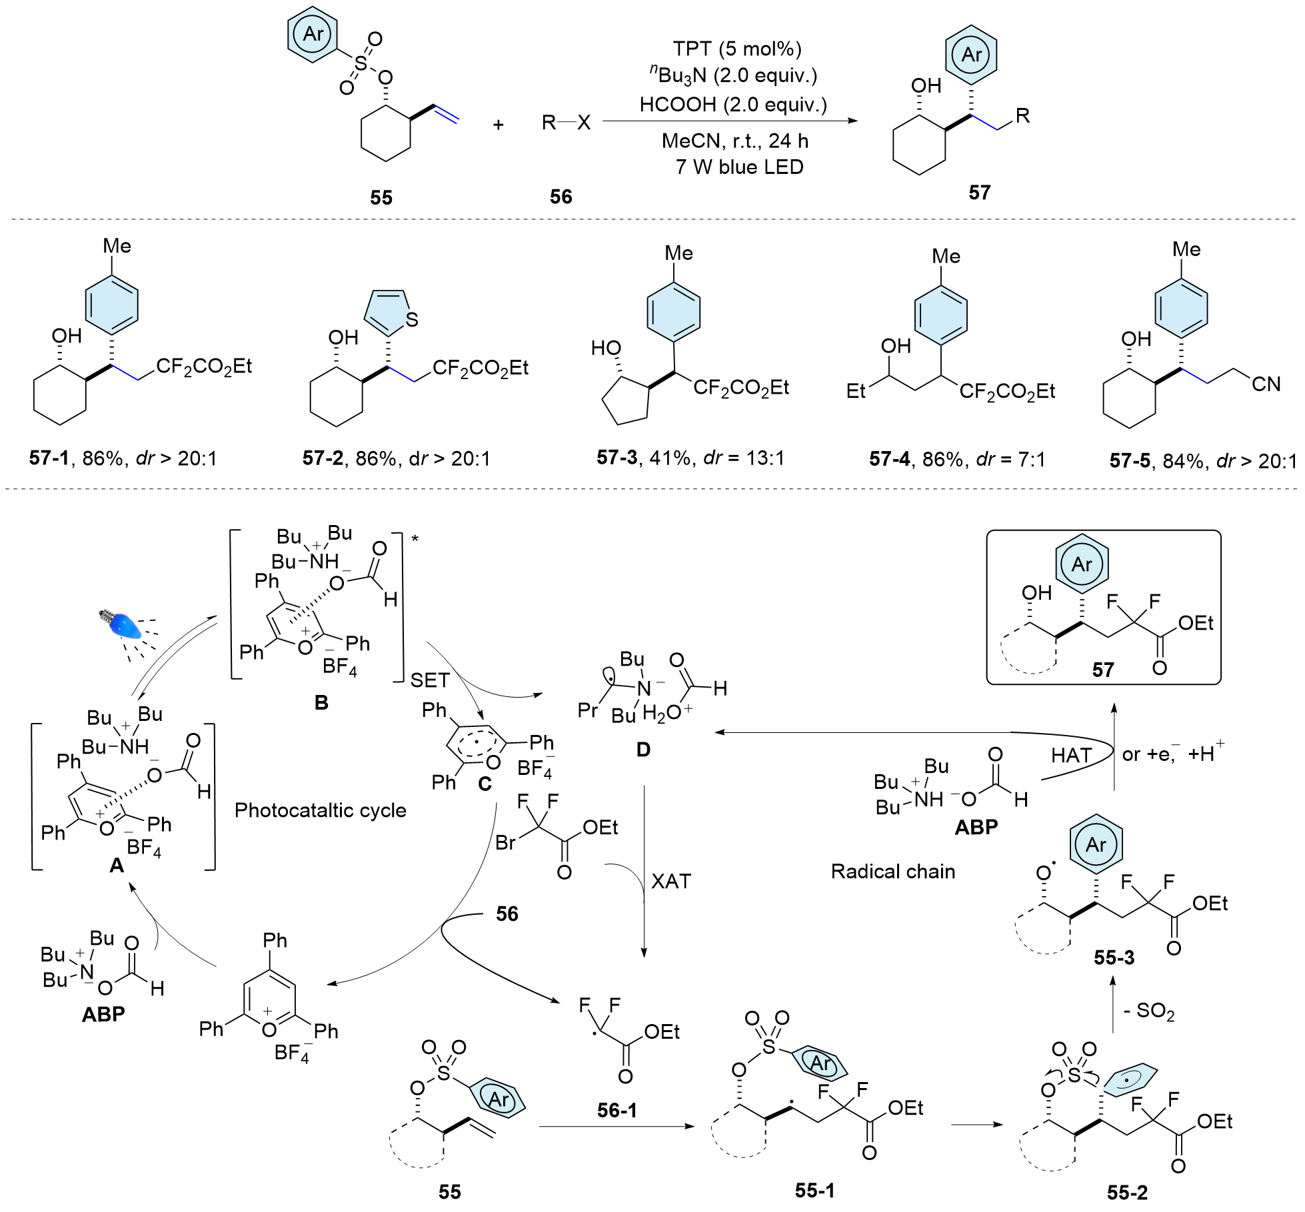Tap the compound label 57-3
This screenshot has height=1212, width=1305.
click(617, 457)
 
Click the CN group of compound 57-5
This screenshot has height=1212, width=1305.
click(1266, 384)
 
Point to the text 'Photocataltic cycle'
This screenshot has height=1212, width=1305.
click(320, 810)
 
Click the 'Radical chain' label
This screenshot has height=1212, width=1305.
click(892, 872)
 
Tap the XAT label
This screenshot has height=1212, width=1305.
click(670, 882)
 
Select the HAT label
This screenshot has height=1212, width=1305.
click(1071, 755)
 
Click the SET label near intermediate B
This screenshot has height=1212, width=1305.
click(430, 680)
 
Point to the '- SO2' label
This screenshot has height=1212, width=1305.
click(1148, 1011)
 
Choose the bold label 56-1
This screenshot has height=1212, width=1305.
click(617, 1110)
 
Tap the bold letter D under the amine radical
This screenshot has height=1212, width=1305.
click(643, 750)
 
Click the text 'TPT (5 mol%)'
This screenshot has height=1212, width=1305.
click(736, 49)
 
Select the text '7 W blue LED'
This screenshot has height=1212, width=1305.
click(739, 167)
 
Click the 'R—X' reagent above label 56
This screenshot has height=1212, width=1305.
click(566, 123)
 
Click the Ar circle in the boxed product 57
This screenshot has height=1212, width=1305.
click(1082, 564)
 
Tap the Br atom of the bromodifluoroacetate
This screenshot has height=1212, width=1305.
click(505, 843)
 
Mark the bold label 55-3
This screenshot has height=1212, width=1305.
click(1114, 957)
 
